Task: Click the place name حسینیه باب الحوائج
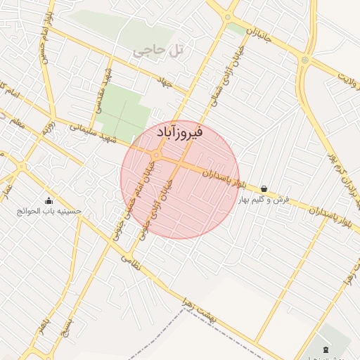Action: pyautogui.click(x=53, y=210)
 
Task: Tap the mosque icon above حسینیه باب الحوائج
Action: pyautogui.click(x=49, y=200)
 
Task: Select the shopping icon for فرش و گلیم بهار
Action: pyautogui.click(x=264, y=188)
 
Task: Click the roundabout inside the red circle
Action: pyautogui.click(x=157, y=154)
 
